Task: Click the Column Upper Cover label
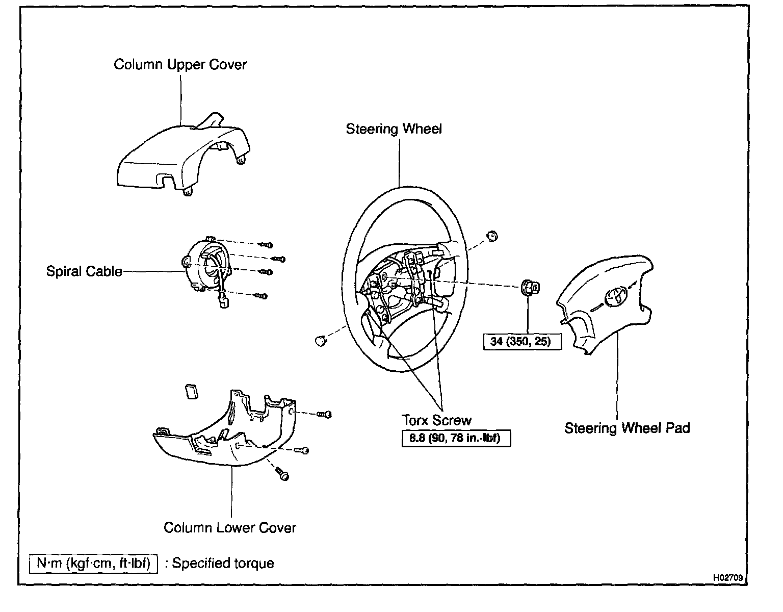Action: click(x=180, y=65)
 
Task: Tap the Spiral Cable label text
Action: click(x=84, y=271)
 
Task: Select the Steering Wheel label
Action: click(x=394, y=129)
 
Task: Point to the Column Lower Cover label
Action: click(x=230, y=528)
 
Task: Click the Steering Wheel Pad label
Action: click(x=627, y=428)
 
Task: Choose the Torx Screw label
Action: click(x=436, y=420)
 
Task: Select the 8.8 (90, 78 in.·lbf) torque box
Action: click(x=456, y=438)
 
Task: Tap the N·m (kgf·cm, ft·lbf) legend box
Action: click(x=93, y=563)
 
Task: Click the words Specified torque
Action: click(x=223, y=564)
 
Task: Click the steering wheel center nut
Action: click(x=530, y=288)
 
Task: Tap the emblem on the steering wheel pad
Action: click(x=615, y=297)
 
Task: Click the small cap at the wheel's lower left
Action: click(x=320, y=341)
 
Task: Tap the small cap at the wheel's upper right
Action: click(x=492, y=237)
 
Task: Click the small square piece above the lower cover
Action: click(x=192, y=391)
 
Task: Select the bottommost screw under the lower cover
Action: click(x=282, y=474)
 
